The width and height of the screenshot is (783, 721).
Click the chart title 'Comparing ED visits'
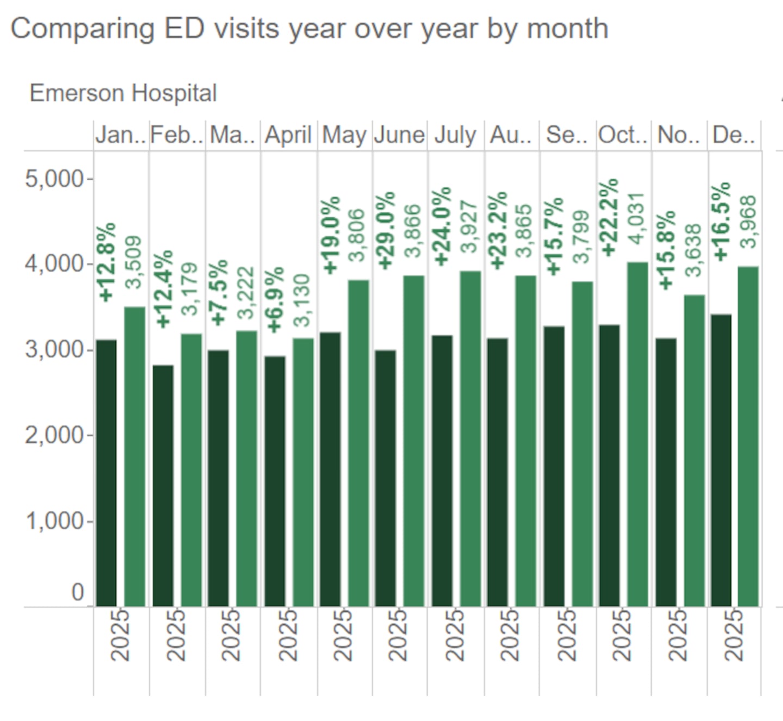(x=309, y=28)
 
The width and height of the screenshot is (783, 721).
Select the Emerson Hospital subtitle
(x=123, y=93)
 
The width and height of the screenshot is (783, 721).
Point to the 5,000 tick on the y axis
(x=54, y=178)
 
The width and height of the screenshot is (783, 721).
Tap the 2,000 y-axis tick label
(x=54, y=435)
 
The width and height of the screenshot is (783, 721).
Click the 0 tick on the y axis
(x=78, y=592)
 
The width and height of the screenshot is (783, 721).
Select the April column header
(x=288, y=135)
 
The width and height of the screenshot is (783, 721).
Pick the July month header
(x=455, y=135)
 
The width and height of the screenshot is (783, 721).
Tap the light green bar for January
(x=135, y=456)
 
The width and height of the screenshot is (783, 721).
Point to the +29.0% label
(x=387, y=230)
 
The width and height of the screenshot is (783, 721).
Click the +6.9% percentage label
(x=275, y=299)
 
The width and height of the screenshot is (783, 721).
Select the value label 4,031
(x=637, y=218)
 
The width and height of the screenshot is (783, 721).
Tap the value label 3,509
(x=134, y=262)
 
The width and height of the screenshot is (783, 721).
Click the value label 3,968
(x=749, y=221)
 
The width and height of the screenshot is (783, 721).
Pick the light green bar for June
(x=414, y=441)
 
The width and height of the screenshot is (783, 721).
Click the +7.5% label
(x=219, y=293)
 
